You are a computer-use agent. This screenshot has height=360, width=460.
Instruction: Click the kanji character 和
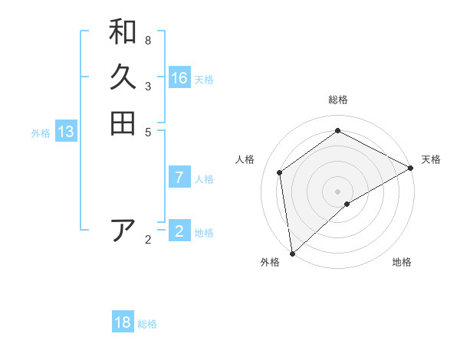point(123,32)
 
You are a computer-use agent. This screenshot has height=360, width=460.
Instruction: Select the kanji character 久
point(123,77)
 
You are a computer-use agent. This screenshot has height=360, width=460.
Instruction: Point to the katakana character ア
point(123,230)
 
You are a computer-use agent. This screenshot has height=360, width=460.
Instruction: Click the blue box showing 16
point(179,78)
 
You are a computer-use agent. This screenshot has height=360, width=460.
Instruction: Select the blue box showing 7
point(179,178)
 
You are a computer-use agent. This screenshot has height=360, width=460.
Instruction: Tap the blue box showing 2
point(179,231)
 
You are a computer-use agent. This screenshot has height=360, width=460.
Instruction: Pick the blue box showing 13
point(66,132)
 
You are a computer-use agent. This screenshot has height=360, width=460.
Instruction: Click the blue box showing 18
point(123,322)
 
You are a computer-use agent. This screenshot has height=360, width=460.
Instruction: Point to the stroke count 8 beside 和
point(148,41)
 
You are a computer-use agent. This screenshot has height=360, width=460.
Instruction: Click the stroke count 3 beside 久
point(148,87)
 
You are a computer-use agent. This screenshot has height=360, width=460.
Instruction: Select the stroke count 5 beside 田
point(148,132)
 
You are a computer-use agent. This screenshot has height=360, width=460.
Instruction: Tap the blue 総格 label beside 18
point(147,324)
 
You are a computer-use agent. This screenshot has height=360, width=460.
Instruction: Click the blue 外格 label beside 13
point(41,133)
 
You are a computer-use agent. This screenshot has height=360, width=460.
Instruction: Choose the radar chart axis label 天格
point(431,159)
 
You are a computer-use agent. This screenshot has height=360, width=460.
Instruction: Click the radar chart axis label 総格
point(338,100)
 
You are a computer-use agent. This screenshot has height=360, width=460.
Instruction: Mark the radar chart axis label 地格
point(402,262)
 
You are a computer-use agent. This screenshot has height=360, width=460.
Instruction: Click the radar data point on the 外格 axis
point(292,254)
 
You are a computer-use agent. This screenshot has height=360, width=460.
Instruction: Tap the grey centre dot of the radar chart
point(337,191)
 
